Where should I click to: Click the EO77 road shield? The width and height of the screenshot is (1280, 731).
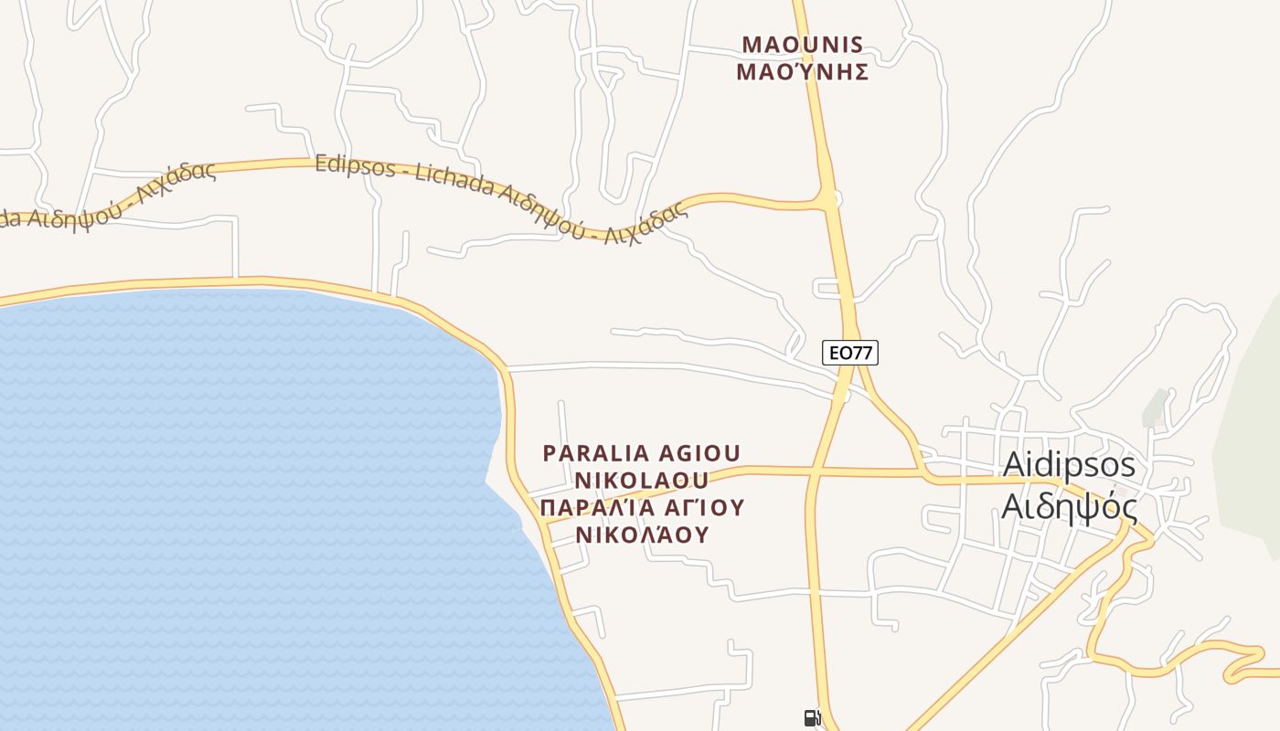tap(850, 352)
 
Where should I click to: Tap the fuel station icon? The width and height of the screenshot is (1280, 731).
tap(811, 718)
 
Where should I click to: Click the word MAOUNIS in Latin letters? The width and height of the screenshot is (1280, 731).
tap(803, 44)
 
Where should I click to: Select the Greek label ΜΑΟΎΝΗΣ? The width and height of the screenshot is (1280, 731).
tap(803, 71)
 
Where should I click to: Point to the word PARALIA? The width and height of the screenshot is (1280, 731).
tap(595, 453)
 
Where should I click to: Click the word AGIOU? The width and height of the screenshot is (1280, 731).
tap(699, 453)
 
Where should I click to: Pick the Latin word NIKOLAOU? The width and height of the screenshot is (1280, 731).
tap(642, 481)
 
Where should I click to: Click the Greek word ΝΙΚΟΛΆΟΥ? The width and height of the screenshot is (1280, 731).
tap(642, 535)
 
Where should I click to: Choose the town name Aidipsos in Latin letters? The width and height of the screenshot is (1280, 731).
tap(1069, 465)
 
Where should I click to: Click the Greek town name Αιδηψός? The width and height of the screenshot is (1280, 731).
tap(1069, 505)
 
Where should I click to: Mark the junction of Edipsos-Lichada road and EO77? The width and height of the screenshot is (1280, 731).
tap(828, 196)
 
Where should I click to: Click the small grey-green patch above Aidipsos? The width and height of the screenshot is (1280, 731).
tap(1156, 407)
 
